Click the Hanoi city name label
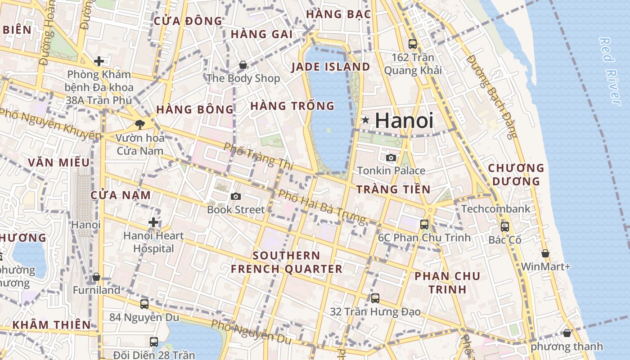pos(404,121)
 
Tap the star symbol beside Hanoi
pos(365,120)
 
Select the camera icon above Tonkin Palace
pos(391,157)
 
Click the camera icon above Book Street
pos(235,196)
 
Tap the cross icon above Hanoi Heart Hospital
pos(153,222)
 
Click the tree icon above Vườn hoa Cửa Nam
pos(140,124)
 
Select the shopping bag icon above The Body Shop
pos(243,65)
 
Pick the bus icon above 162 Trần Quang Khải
pos(413,44)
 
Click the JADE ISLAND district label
pos(331,67)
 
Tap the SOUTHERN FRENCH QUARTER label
pos(287,262)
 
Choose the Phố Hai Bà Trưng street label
pos(322,207)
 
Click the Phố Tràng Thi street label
pos(258,156)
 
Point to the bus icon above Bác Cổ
pos(505,226)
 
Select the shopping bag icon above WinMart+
pos(545,253)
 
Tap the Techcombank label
pos(496,209)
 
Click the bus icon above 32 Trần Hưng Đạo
pos(375,298)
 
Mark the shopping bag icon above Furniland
pos(96,277)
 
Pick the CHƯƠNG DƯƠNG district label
pos(516,175)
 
